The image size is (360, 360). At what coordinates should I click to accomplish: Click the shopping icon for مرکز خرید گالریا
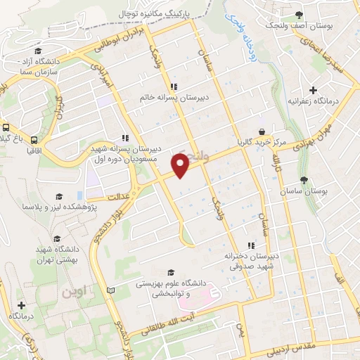[x=262, y=131]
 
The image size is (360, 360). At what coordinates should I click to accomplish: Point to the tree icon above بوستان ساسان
[x=304, y=180]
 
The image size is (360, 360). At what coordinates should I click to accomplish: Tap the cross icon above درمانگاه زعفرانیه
[x=314, y=90]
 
